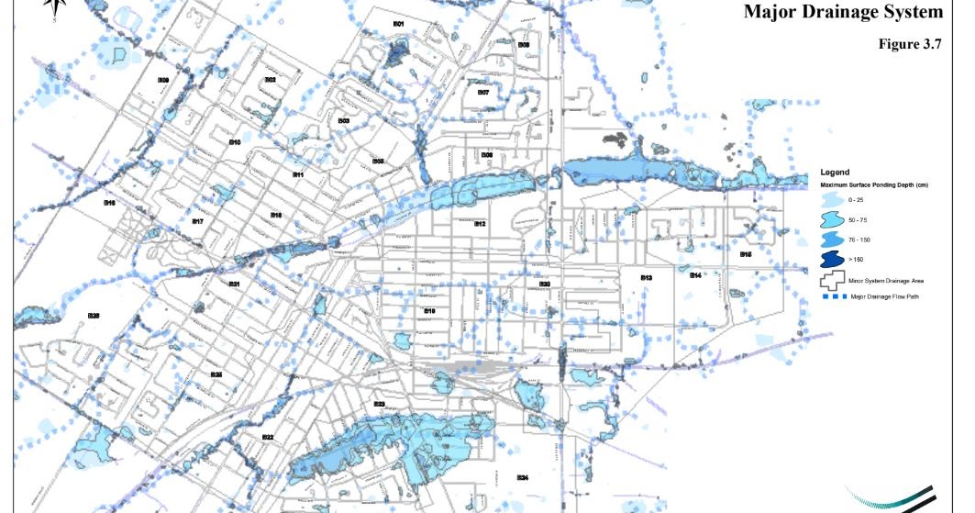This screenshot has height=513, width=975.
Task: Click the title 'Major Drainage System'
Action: [843, 12]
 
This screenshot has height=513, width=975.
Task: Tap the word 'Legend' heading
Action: [836, 172]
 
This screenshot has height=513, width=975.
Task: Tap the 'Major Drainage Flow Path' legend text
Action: [896, 297]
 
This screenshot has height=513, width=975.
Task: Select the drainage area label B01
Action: [399, 23]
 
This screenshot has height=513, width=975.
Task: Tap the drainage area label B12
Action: [479, 224]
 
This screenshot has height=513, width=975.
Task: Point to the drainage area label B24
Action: [522, 477]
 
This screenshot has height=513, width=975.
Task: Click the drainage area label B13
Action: [647, 277]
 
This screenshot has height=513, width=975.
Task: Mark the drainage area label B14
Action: [695, 275]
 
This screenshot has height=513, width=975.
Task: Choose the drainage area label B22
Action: [268, 437]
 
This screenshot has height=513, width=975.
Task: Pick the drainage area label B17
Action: [197, 221]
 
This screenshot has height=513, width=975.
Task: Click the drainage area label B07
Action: [483, 93]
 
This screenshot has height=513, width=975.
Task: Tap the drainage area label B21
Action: [235, 284]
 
